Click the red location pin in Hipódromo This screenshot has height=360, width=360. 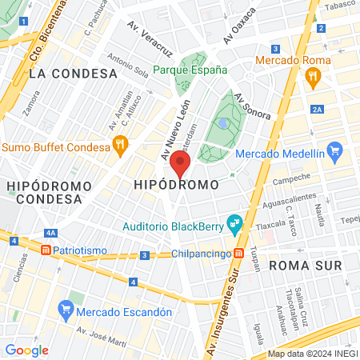[x=181, y=165]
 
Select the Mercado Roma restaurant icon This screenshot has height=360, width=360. [x=312, y=78]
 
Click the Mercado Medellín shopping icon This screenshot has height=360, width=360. [x=335, y=150]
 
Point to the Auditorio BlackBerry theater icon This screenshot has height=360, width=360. [x=235, y=225]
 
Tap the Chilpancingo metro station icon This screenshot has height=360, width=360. [x=238, y=254]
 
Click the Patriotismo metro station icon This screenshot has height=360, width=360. [x=46, y=250]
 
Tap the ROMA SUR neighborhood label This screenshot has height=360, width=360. [x=305, y=264]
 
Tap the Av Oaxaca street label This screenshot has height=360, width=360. [x=239, y=26]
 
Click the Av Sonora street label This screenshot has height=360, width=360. [x=252, y=106]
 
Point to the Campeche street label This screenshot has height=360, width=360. [x=290, y=181]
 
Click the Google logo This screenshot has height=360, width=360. [x=27, y=350]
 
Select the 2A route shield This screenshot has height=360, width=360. [x=318, y=109]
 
